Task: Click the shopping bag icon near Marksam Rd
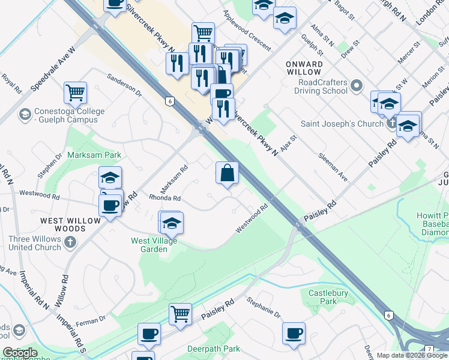[228, 173]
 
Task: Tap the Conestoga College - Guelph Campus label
[61, 115]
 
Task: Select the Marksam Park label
[95, 155]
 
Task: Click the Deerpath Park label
[214, 349]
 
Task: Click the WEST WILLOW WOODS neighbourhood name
[71, 225]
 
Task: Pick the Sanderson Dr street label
[124, 85]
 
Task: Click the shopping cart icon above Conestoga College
[76, 92]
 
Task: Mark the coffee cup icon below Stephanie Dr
[294, 334]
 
